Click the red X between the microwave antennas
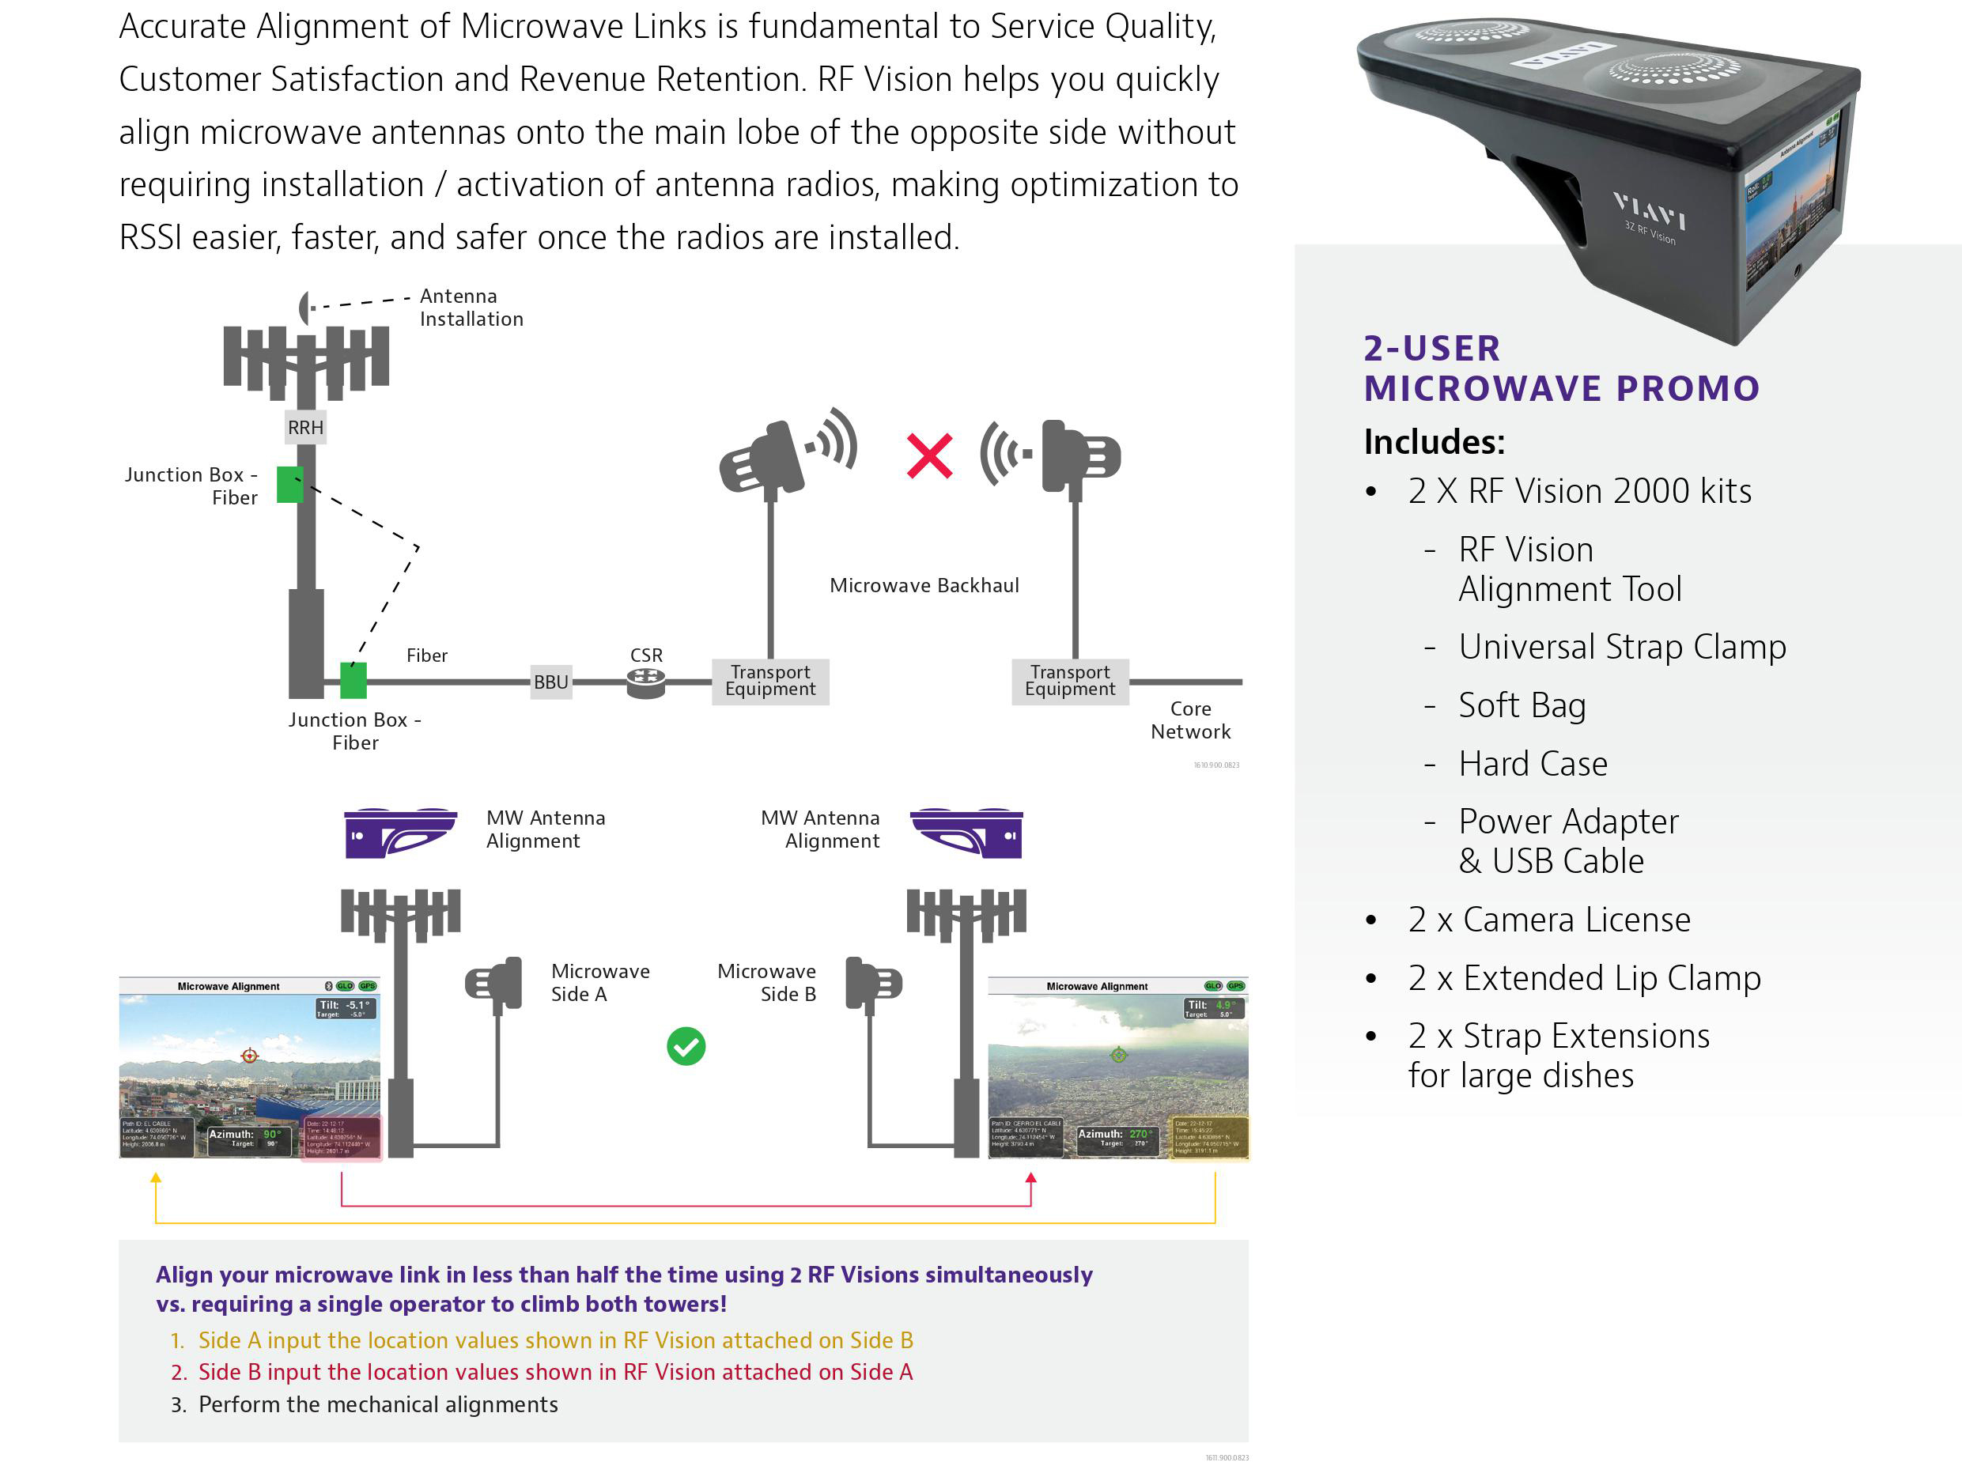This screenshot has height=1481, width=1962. pos(928,455)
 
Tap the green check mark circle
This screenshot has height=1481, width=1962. pos(686,1046)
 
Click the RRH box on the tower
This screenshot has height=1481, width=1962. pos(305,428)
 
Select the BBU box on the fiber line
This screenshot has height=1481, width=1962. pos(551,682)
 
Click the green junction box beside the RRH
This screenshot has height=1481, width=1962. pos(289,485)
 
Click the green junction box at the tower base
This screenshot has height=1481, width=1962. pos(353,681)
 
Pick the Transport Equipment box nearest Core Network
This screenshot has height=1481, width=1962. pos(1070,681)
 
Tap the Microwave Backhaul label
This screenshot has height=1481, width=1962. pos(924,585)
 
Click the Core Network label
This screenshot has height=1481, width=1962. pos(1189,720)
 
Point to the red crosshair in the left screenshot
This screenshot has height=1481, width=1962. pos(249,1056)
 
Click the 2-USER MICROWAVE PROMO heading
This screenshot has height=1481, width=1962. pos(1561,368)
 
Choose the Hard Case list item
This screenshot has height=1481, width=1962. pos(1532,764)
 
